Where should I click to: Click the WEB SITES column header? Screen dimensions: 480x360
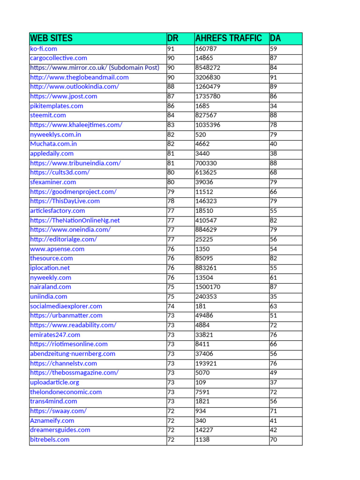(x=51, y=38)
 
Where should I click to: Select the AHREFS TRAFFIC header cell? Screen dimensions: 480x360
(x=228, y=38)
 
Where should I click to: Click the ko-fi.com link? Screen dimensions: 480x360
(x=44, y=49)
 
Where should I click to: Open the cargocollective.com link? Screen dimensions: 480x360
(x=59, y=58)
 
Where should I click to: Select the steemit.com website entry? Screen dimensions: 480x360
(x=48, y=115)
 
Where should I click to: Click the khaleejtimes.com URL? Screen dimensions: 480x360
(x=76, y=125)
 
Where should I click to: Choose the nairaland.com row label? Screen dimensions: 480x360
(x=51, y=287)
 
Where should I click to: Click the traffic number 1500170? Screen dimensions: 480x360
(x=208, y=287)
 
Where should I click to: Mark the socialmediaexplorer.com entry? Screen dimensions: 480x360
(x=66, y=306)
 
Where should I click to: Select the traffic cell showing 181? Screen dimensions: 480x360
(x=201, y=306)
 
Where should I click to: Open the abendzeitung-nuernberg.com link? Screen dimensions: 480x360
(x=73, y=354)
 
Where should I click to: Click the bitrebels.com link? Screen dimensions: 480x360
(x=50, y=440)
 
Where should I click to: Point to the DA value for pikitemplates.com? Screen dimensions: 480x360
(x=273, y=106)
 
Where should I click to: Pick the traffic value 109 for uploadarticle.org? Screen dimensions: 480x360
(x=201, y=382)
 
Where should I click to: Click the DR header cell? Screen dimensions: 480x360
(x=173, y=38)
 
